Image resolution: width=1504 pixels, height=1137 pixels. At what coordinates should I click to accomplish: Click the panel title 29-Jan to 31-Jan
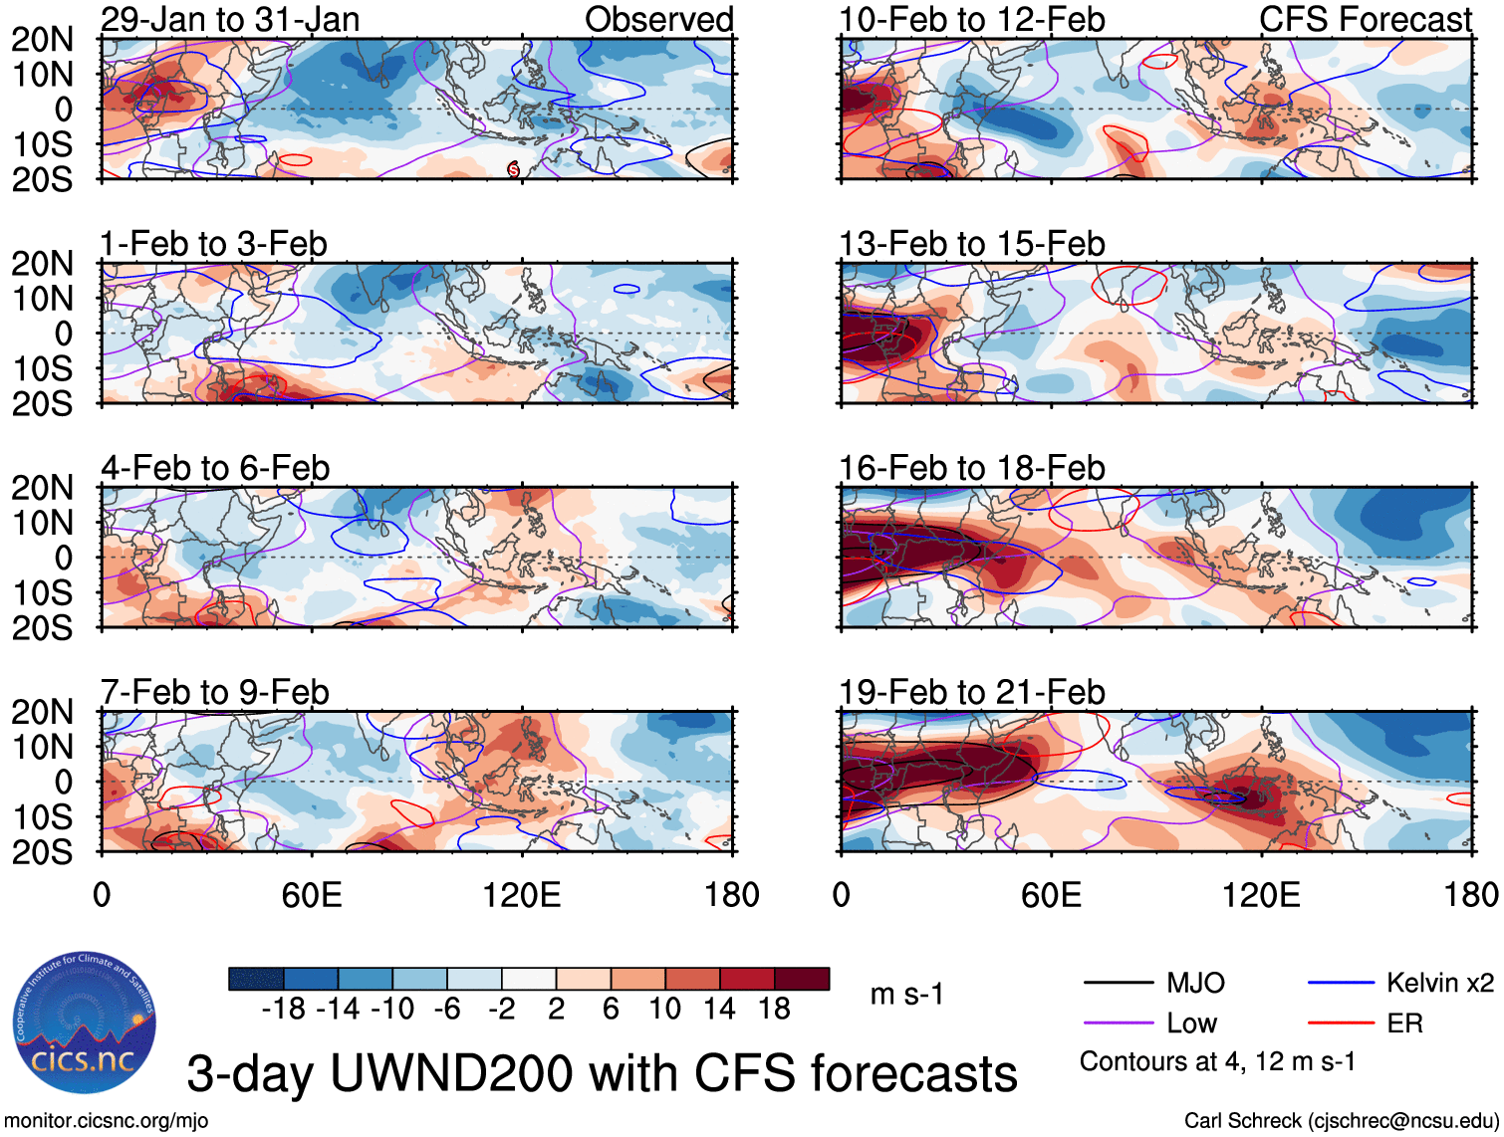tap(230, 20)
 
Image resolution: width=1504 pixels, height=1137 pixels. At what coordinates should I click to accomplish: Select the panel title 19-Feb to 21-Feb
tap(972, 692)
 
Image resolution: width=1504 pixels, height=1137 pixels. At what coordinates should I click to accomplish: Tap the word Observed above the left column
tap(658, 20)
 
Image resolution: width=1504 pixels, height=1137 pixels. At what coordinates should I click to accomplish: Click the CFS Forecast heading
tap(1366, 20)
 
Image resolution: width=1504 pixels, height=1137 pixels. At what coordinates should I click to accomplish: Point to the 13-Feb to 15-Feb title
tap(972, 244)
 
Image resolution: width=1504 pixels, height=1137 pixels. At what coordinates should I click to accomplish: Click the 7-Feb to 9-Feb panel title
tap(215, 692)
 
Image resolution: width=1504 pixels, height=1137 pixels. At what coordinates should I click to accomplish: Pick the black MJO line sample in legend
tap(1119, 984)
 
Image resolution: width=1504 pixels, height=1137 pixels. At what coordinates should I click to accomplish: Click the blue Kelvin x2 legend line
tap(1341, 984)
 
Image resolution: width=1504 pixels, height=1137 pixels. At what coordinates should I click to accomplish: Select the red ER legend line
tap(1341, 1023)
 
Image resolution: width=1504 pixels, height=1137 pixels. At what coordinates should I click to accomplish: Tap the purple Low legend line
tap(1119, 1023)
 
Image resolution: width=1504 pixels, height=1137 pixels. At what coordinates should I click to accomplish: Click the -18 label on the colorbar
tap(284, 1010)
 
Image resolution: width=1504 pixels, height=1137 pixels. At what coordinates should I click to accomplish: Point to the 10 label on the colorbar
tap(664, 1010)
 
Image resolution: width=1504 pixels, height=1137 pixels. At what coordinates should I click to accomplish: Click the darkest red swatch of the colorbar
tap(802, 979)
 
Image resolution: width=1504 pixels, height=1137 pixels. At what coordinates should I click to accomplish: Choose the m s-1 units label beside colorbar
tap(906, 995)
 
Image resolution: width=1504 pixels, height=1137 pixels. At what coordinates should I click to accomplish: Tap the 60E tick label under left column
tap(312, 895)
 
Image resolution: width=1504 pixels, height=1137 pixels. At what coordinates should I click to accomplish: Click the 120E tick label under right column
tap(1261, 895)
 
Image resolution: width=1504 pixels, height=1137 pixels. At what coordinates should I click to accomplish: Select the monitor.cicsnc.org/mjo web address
tap(107, 1121)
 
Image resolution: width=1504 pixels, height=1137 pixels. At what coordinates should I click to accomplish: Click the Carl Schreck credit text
tap(1341, 1121)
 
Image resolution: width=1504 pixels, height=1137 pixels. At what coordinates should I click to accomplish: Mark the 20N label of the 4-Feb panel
tap(43, 488)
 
